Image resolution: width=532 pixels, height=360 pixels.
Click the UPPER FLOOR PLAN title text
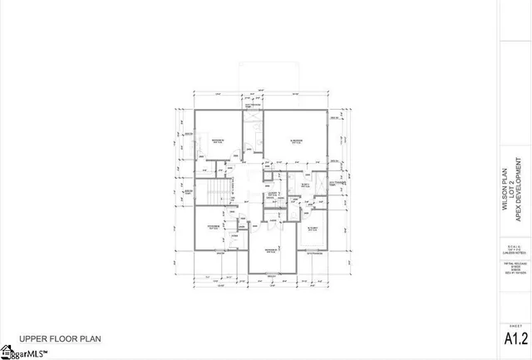click(x=60, y=339)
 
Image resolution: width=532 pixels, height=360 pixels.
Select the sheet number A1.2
click(x=516, y=339)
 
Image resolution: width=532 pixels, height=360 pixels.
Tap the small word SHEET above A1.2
click(x=516, y=325)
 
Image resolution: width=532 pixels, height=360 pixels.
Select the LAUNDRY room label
click(x=271, y=196)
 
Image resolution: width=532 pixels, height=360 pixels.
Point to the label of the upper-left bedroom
click(x=219, y=140)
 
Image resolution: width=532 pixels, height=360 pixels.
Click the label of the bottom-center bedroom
click(x=271, y=250)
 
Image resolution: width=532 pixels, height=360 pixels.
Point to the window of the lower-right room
click(x=314, y=253)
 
